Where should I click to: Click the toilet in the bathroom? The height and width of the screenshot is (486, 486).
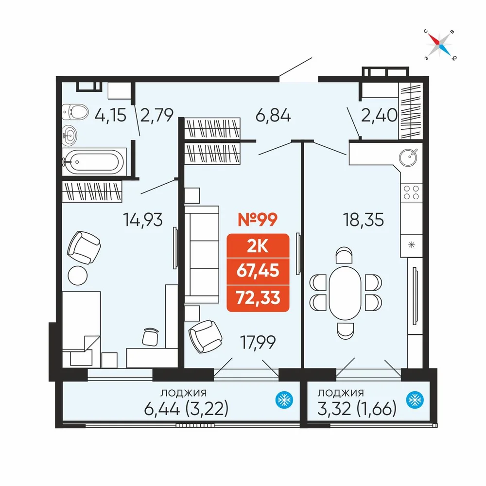pos(75,112)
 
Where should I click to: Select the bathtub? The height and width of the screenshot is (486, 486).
pos(94,161)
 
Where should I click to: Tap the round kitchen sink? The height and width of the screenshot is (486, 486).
pos(408,157)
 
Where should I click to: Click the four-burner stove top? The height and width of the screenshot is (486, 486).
pos(411,192)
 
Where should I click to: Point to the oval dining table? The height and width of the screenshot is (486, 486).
pos(345,293)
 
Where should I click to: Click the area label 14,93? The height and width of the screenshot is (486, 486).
pos(143,220)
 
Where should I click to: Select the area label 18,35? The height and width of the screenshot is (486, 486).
pos(363,220)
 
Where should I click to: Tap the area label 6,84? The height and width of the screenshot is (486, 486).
pos(273,116)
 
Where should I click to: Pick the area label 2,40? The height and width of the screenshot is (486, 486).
pos(379,115)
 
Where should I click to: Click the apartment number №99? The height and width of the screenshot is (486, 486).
pos(258,220)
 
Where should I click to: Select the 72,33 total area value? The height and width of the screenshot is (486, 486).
pos(258,297)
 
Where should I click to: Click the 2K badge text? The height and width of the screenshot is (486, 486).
pos(258,246)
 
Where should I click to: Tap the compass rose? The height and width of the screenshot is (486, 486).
pos(440,44)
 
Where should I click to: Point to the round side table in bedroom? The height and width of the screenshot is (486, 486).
pos(77,275)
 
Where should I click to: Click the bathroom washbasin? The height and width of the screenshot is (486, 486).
pos(69,135)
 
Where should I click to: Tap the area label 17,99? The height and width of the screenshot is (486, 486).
pos(258,342)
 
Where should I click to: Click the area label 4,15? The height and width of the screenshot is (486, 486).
pos(111,115)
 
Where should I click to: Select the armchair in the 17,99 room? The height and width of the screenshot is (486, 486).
pos(205,336)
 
